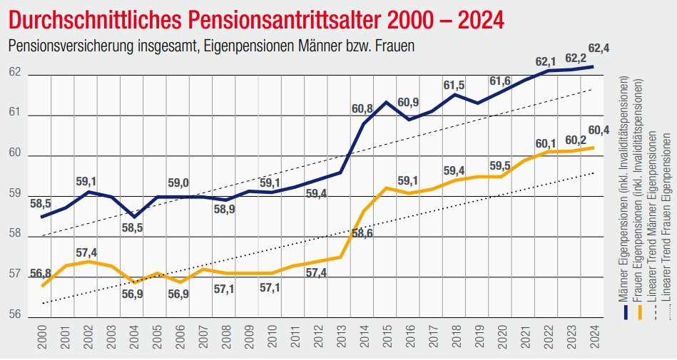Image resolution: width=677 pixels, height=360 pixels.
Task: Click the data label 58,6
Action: [362, 233]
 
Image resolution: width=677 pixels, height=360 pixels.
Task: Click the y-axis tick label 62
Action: [15, 73]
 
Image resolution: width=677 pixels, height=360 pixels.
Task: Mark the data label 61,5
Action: [454, 86]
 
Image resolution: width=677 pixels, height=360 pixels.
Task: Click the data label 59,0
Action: [178, 183]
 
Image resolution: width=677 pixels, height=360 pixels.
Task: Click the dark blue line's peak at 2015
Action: [386, 102]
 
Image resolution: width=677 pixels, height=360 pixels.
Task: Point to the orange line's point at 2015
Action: [386, 188]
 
